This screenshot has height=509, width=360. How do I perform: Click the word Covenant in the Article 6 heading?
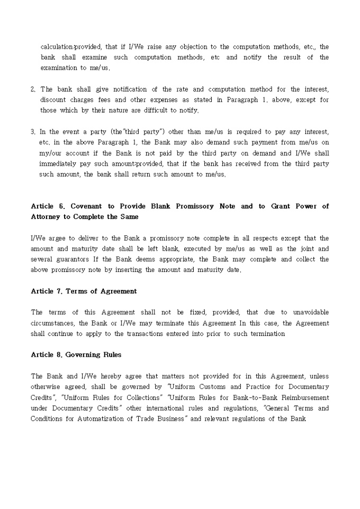86,206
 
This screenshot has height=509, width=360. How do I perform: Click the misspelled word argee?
54,238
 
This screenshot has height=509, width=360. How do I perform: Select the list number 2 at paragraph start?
33,89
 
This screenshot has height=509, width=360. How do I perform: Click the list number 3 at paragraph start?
33,132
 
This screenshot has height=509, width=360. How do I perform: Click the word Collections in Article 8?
139,397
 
